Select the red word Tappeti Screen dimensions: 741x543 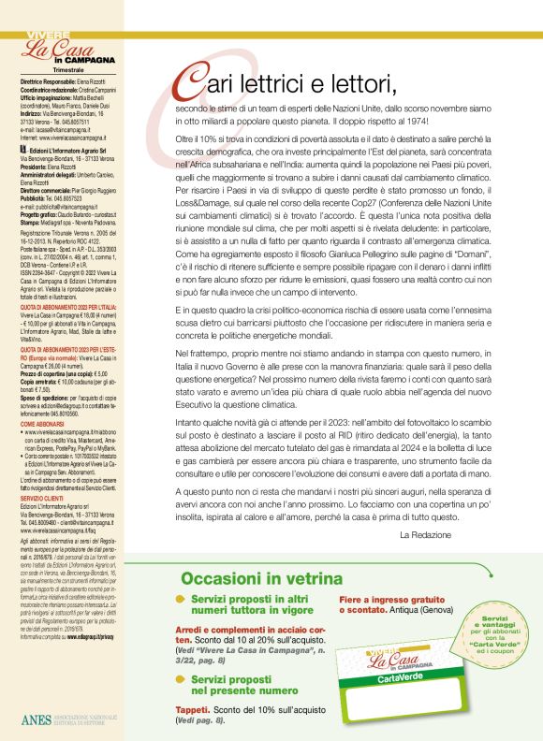pos(195,710)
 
